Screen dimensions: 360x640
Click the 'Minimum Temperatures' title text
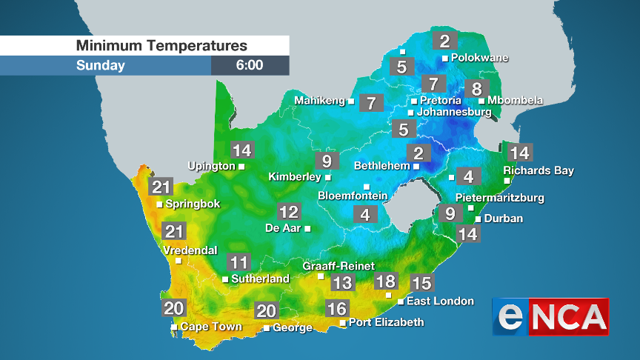pos(161,46)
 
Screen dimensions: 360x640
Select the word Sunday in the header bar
pos(100,65)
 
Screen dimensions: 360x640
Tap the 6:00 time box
pos(250,65)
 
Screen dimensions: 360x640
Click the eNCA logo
pos(550,316)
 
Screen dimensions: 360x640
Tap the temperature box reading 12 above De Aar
pos(288,213)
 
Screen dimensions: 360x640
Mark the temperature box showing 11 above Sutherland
pos(239,262)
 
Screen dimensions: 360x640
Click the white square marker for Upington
pos(241,167)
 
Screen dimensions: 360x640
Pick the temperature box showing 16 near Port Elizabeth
pos(336,308)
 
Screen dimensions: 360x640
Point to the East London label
pos(441,301)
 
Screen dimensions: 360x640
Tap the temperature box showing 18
pos(385,281)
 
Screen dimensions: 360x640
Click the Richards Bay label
pos(539,171)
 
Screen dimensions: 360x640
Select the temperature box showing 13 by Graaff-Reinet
pos(341,282)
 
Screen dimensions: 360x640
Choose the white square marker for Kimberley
pos(328,178)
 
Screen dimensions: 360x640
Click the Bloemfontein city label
pos(353,196)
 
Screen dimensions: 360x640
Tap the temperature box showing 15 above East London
pos(421,282)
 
